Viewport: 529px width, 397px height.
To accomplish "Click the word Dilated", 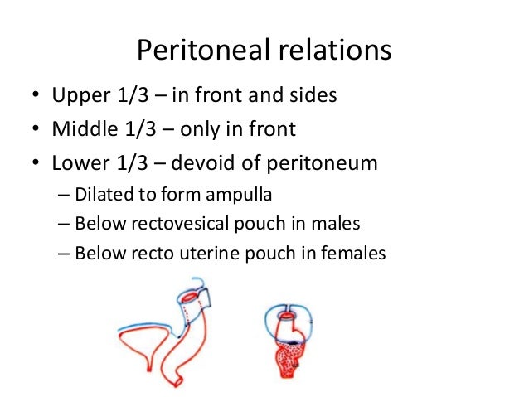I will pyautogui.click(x=99, y=196).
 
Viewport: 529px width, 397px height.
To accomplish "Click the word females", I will pyautogui.click(x=357, y=253).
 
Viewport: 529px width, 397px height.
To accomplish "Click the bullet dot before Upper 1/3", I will pyautogui.click(x=36, y=97).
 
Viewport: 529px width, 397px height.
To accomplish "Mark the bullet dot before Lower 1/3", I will pyautogui.click(x=36, y=162).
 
